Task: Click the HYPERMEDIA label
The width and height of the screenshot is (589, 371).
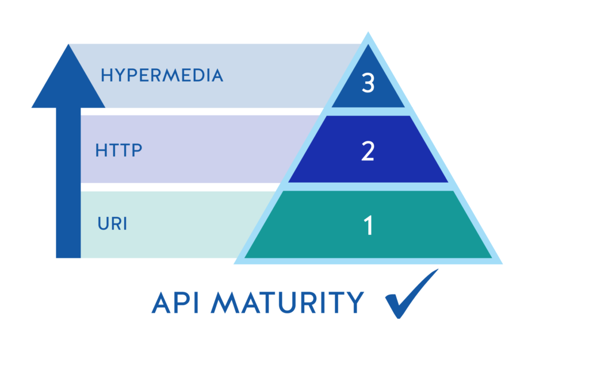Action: tap(162, 76)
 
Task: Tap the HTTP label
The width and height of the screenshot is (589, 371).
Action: tap(118, 150)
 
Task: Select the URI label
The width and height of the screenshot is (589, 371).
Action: tap(112, 223)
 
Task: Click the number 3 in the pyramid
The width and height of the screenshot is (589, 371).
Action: tap(368, 84)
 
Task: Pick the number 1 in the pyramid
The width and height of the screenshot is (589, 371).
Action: tap(368, 226)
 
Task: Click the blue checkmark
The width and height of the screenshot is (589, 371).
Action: tap(410, 294)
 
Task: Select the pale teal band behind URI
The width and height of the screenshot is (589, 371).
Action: tap(173, 224)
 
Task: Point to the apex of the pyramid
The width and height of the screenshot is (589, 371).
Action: tap(368, 36)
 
